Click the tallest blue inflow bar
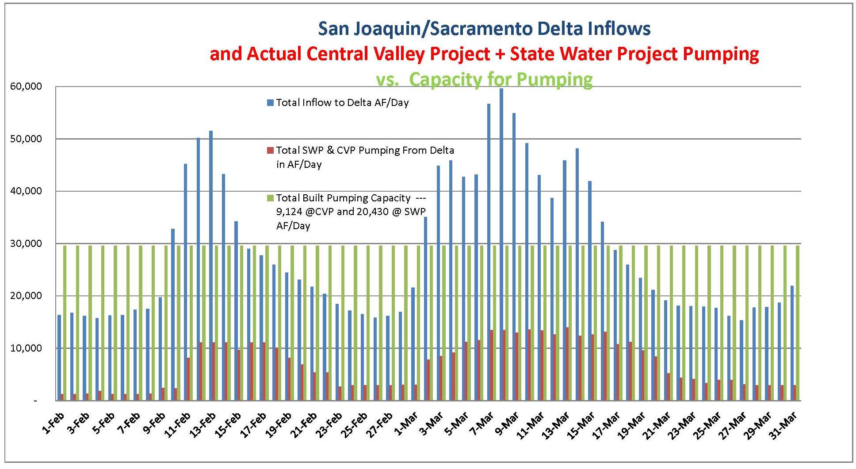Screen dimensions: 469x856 (501, 244)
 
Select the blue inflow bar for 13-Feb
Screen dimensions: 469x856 (211, 265)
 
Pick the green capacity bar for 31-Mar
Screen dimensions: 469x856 (798, 323)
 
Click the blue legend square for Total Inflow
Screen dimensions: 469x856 (270, 103)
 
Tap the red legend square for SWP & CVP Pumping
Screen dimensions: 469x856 (270, 151)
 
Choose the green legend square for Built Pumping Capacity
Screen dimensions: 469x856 (270, 198)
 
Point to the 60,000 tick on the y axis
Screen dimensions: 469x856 (26, 87)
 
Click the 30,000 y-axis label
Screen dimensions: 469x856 (26, 244)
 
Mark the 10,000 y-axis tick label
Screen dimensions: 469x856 (26, 348)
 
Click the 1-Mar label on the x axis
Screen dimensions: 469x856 (406, 423)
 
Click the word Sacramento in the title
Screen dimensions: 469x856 (482, 29)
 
